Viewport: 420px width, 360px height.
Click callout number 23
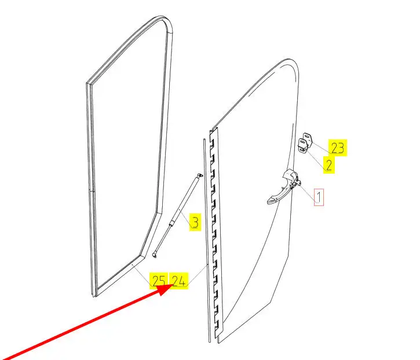pyautogui.click(x=338, y=148)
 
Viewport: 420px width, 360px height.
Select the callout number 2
pyautogui.click(x=328, y=164)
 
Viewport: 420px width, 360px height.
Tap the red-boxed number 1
pyautogui.click(x=319, y=197)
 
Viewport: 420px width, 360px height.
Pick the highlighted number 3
pyautogui.click(x=195, y=222)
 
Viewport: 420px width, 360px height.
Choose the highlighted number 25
pyautogui.click(x=158, y=281)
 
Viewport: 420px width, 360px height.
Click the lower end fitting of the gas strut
pyautogui.click(x=155, y=252)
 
